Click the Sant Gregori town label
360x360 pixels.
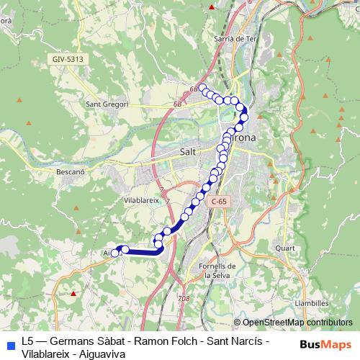(x=107, y=104)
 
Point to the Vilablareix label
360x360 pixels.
(x=141, y=200)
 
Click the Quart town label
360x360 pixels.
(x=285, y=248)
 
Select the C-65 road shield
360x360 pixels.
(x=218, y=203)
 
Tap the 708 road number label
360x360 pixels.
(x=183, y=297)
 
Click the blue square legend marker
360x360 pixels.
(x=10, y=345)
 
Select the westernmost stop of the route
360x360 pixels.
(x=114, y=253)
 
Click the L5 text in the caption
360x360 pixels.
(x=28, y=340)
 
